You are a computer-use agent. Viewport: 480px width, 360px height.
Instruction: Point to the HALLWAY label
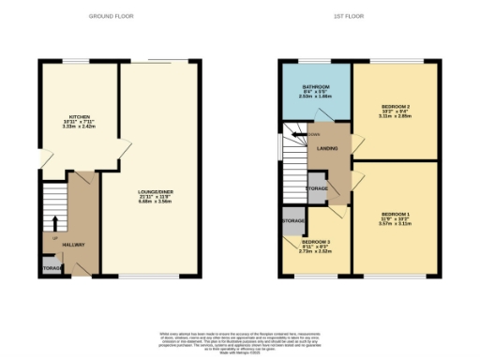74,245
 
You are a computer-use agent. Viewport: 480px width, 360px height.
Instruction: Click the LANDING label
327,149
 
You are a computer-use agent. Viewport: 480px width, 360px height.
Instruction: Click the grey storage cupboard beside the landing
317,187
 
